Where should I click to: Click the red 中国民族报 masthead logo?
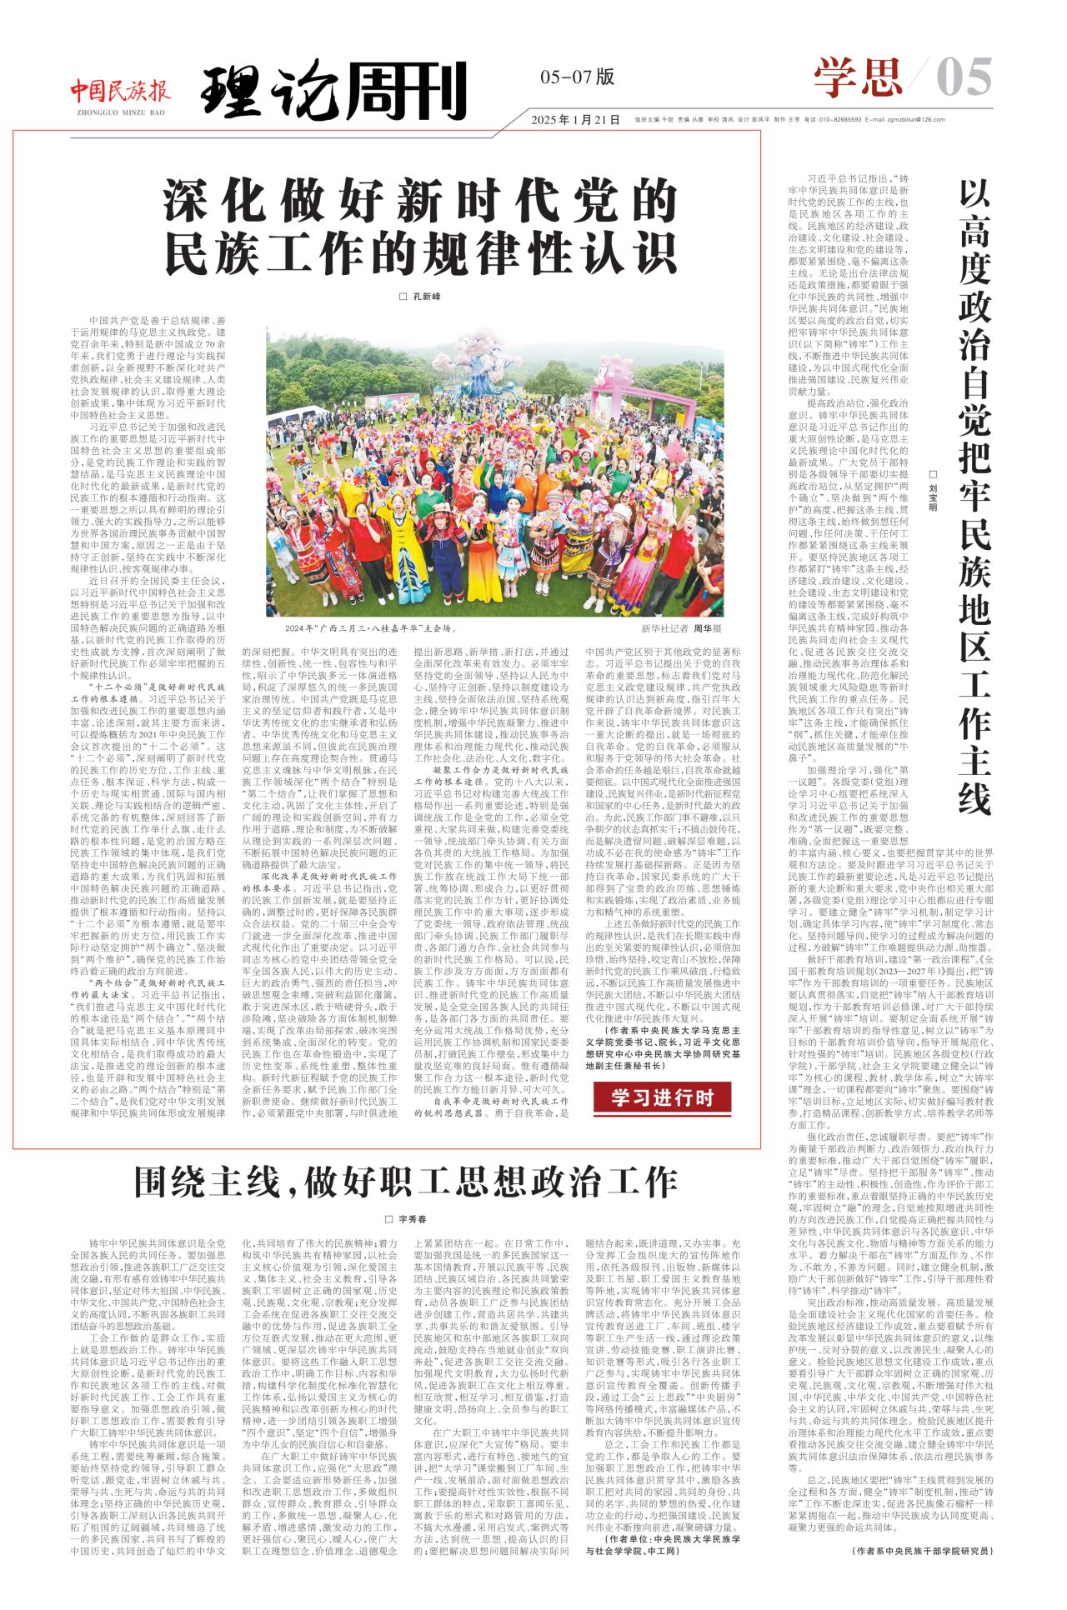[120, 89]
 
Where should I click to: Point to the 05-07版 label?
[577, 77]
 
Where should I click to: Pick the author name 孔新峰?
[420, 297]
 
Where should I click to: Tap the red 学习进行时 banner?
[663, 1097]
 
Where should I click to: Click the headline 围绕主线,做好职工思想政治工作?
[406, 1182]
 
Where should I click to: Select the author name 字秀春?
[406, 1219]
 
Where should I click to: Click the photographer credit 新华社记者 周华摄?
[681, 628]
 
